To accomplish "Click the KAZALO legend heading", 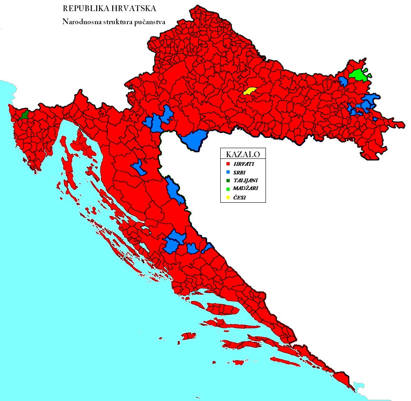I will pyautogui.click(x=243, y=155).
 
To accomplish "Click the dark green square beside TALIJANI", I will pyautogui.click(x=228, y=181).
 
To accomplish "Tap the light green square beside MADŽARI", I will pyautogui.click(x=228, y=189).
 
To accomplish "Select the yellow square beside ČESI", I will pyautogui.click(x=228, y=197).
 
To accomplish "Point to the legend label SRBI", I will pyautogui.click(x=240, y=172).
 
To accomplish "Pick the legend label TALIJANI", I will pyautogui.click(x=245, y=181).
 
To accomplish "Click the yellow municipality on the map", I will pyautogui.click(x=249, y=91).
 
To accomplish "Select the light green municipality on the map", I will pyautogui.click(x=358, y=75).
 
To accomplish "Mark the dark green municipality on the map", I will pyautogui.click(x=24, y=114).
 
